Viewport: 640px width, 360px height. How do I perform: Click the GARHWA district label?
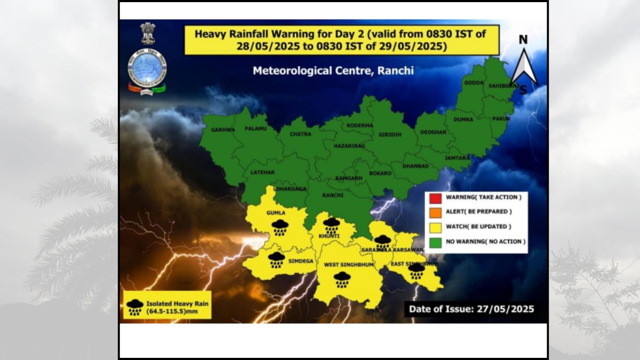tap(223, 130)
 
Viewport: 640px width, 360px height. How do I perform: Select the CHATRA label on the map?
tap(300, 134)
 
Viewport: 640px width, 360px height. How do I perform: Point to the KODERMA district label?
tap(360, 125)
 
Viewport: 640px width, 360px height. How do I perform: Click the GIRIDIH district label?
tap(390, 135)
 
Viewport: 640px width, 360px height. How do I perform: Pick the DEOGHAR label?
tap(433, 132)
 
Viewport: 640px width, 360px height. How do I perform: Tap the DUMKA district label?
tap(463, 119)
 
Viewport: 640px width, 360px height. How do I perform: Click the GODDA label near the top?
tap(474, 83)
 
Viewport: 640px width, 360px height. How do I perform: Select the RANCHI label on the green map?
tap(333, 195)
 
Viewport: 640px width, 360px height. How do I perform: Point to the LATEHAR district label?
tap(262, 173)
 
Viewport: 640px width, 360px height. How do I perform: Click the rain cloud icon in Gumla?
tap(280, 227)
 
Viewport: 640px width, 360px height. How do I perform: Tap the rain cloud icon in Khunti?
tap(331, 224)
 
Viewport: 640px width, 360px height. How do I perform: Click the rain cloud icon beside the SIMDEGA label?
tap(276, 260)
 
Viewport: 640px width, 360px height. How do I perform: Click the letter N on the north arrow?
tap(523, 40)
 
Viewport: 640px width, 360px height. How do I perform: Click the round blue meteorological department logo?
tap(147, 67)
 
